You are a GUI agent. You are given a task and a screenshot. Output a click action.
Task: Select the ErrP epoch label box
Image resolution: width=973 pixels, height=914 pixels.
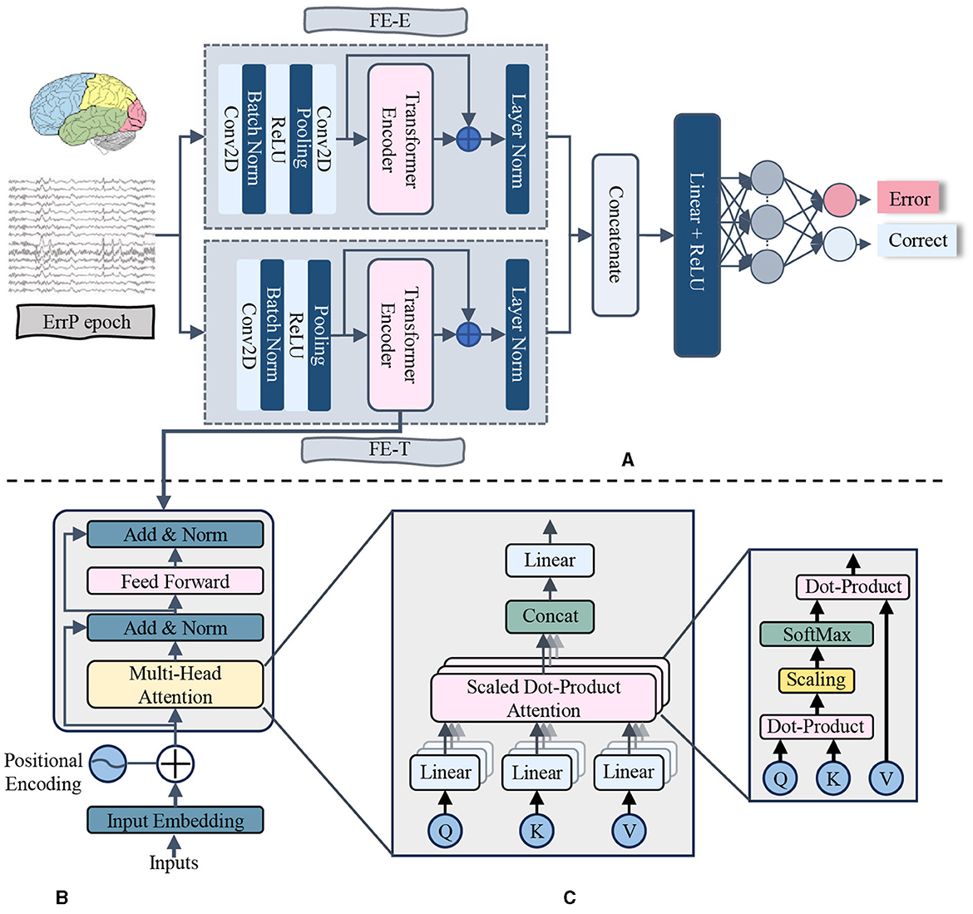(86, 323)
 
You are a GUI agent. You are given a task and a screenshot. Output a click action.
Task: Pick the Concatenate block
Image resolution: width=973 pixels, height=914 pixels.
(615, 235)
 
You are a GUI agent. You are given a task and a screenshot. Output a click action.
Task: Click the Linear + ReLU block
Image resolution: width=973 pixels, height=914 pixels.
(697, 235)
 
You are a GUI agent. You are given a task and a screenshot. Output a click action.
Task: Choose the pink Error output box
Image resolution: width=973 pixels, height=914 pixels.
(909, 199)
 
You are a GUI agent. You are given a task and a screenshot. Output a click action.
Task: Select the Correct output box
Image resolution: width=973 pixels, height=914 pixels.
(917, 240)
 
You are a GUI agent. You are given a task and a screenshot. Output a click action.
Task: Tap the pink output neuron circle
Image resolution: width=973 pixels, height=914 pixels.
(839, 200)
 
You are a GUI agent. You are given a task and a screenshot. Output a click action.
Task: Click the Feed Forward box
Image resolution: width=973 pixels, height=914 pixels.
(175, 581)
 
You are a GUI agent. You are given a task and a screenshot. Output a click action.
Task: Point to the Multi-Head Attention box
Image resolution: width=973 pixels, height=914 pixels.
(175, 684)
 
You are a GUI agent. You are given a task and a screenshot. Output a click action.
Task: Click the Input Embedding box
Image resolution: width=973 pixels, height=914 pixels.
(175, 821)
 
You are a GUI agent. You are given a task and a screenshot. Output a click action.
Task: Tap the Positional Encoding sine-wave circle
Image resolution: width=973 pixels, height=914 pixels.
(107, 762)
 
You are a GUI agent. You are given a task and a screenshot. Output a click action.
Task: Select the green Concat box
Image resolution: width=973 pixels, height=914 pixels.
(550, 616)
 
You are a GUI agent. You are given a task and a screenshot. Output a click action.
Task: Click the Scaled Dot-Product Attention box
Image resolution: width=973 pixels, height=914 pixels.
(543, 699)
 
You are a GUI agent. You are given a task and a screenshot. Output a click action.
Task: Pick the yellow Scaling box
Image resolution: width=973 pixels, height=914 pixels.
(816, 679)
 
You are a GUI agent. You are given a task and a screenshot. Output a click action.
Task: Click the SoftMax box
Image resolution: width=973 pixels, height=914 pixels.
(816, 635)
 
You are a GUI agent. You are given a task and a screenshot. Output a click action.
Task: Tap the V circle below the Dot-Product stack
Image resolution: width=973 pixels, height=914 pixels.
(885, 778)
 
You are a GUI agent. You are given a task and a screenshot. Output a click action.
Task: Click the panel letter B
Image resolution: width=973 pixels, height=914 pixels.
(62, 897)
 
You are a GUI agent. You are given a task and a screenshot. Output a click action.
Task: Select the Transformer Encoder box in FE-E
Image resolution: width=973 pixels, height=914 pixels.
(400, 139)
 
